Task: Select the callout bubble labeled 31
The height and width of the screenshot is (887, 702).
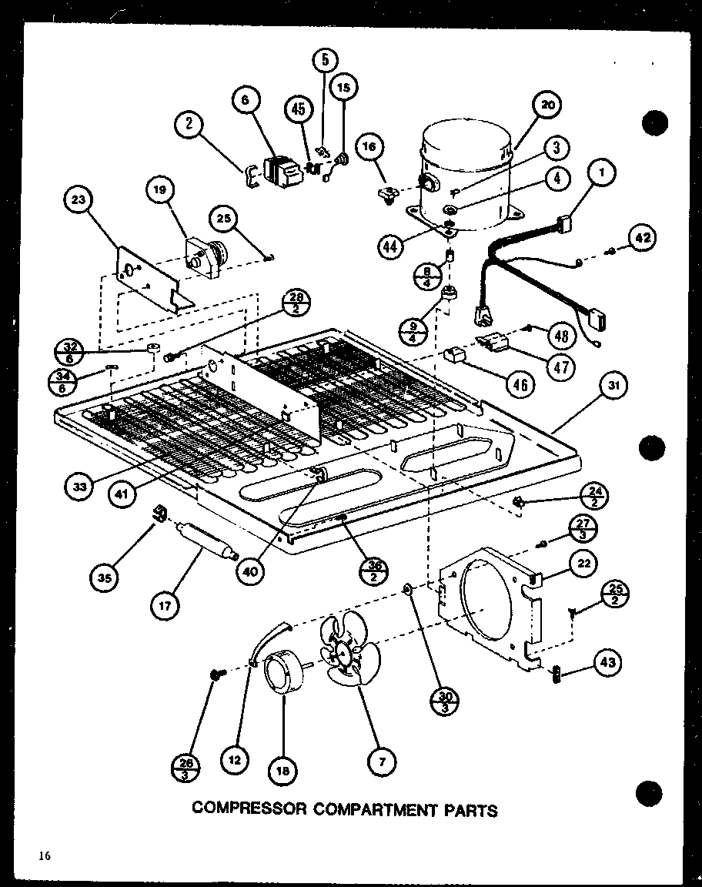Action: pos(611,387)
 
